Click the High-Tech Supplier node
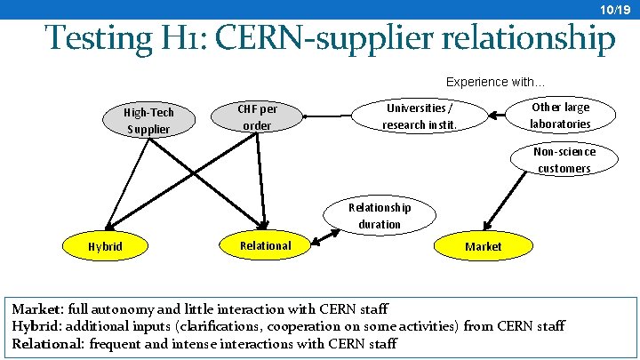click(x=148, y=121)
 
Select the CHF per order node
click(x=258, y=117)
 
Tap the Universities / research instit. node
click(x=420, y=116)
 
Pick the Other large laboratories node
click(x=560, y=116)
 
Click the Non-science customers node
click(x=564, y=160)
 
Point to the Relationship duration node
click(x=380, y=215)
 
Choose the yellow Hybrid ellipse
click(x=106, y=246)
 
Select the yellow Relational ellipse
click(x=265, y=245)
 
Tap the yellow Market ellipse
click(x=483, y=246)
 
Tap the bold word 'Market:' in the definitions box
click(x=36, y=309)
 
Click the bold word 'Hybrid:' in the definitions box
click(x=36, y=326)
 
